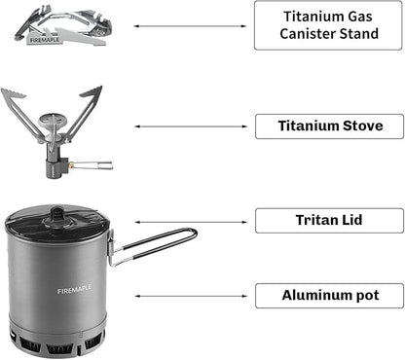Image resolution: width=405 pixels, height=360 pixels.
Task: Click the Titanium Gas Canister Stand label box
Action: tap(328, 25)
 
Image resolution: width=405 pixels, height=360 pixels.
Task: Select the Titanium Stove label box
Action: tap(328, 126)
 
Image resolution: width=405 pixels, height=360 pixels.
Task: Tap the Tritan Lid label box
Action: tap(328, 220)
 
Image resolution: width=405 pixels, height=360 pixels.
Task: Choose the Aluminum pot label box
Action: tap(328, 295)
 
